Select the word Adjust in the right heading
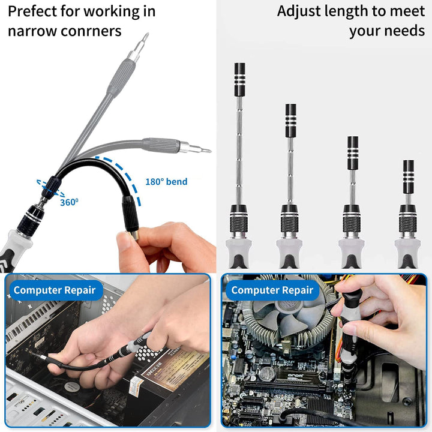click(x=299, y=11)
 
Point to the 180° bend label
click(x=166, y=182)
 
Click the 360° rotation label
click(x=68, y=202)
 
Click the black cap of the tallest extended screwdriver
click(x=239, y=79)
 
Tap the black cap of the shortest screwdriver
click(x=408, y=176)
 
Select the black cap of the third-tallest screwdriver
click(x=353, y=152)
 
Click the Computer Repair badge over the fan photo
click(x=272, y=290)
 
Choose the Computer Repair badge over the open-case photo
click(x=54, y=290)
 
